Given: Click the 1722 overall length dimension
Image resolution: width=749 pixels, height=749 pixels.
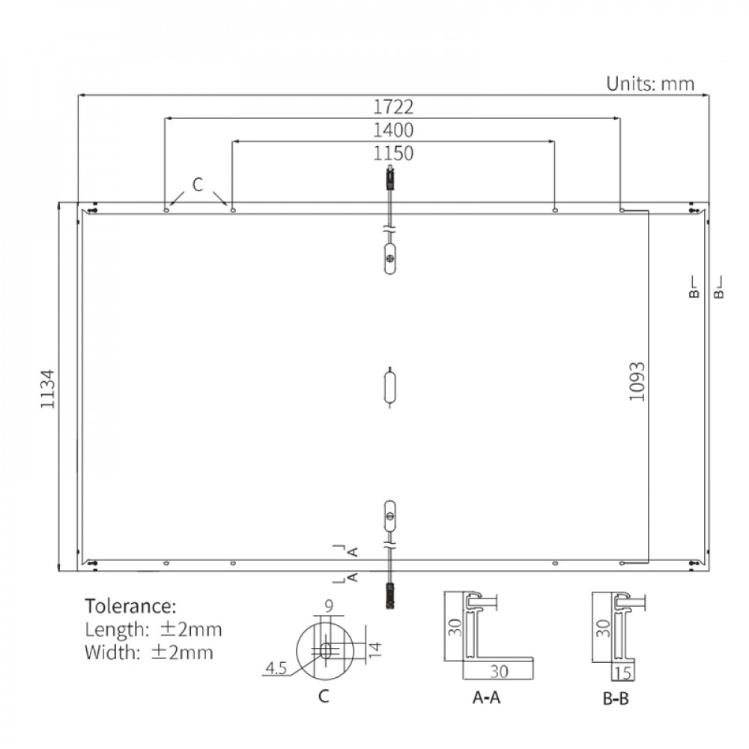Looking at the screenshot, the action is (392, 106).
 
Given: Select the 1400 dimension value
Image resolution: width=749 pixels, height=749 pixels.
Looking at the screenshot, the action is (392, 130).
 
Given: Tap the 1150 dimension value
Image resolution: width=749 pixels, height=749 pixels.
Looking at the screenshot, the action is (392, 154).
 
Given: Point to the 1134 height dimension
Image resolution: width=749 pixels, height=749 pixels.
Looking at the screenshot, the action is (47, 389).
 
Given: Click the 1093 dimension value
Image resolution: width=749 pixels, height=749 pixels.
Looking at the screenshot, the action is (637, 382).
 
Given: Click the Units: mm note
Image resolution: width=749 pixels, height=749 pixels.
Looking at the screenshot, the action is (650, 84).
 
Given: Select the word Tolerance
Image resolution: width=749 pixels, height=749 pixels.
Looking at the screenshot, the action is (130, 606).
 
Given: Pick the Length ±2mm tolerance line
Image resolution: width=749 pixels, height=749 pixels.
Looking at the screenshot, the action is (154, 629).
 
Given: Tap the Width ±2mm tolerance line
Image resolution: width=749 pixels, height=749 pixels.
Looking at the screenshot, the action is (148, 652).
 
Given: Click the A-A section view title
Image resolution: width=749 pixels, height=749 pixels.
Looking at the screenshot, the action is (486, 697).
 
